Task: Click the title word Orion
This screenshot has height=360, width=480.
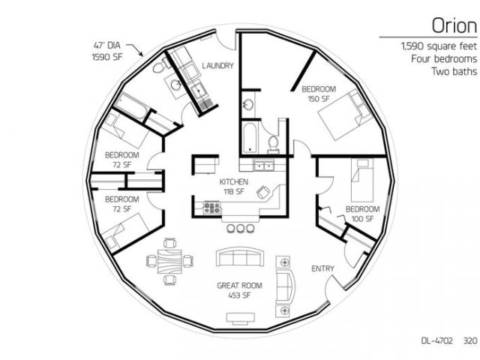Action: pyautogui.click(x=454, y=25)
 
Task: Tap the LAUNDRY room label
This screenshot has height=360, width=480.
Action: pyautogui.click(x=218, y=65)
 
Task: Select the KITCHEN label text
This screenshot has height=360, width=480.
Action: pyautogui.click(x=234, y=181)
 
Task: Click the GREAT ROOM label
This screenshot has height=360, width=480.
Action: pyautogui.click(x=240, y=286)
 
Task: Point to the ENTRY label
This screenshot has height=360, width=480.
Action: pyautogui.click(x=322, y=268)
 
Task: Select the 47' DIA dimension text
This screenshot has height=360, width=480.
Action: pyautogui.click(x=106, y=46)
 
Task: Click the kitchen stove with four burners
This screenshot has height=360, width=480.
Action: pyautogui.click(x=212, y=208)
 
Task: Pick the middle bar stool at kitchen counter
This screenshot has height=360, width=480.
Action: pyautogui.click(x=240, y=228)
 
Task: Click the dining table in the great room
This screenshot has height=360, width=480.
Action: pyautogui.click(x=169, y=261)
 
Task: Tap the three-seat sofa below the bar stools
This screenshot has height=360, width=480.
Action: pyautogui.click(x=240, y=256)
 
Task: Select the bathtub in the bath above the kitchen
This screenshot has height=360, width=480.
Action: pyautogui.click(x=250, y=137)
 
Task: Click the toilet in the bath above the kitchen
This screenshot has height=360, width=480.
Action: pyautogui.click(x=273, y=145)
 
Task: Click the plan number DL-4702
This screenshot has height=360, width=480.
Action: pyautogui.click(x=436, y=340)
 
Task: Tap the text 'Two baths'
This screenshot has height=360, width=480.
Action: pyautogui.click(x=454, y=71)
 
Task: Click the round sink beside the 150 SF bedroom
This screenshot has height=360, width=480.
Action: pyautogui.click(x=248, y=105)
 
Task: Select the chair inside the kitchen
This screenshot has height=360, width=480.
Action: pyautogui.click(x=263, y=192)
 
